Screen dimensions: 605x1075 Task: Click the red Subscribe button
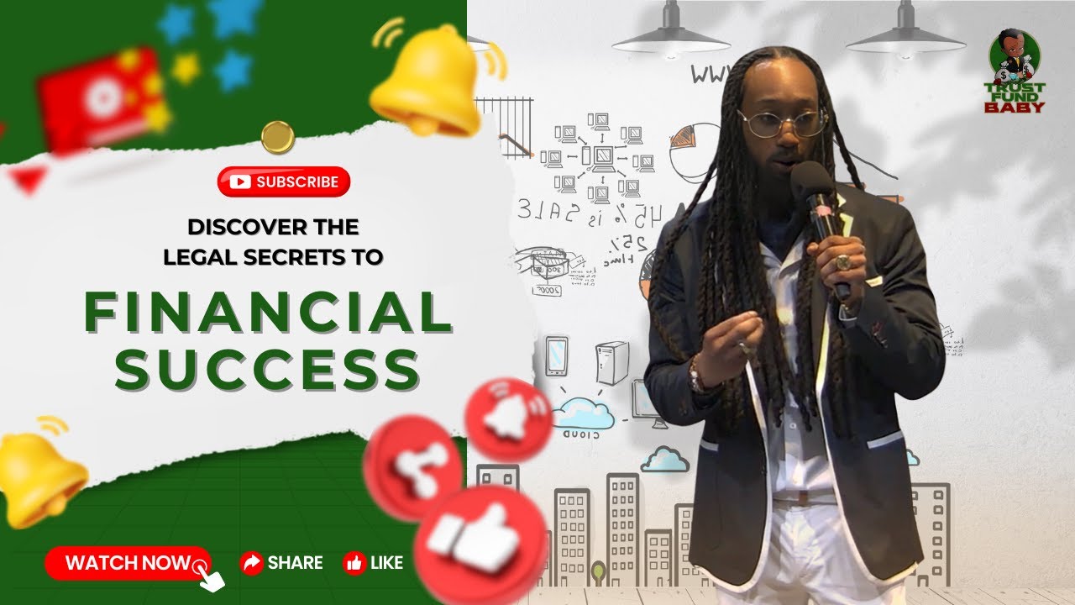[283, 181]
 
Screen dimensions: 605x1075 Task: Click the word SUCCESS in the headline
[267, 370]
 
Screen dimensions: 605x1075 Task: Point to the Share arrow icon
[250, 563]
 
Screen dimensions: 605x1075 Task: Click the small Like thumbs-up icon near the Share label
[354, 563]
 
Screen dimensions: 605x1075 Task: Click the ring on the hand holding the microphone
[842, 262]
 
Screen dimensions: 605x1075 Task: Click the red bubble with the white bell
[508, 418]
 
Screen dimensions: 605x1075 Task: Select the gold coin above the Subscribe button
[277, 137]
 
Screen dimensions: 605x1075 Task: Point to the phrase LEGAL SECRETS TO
[273, 257]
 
